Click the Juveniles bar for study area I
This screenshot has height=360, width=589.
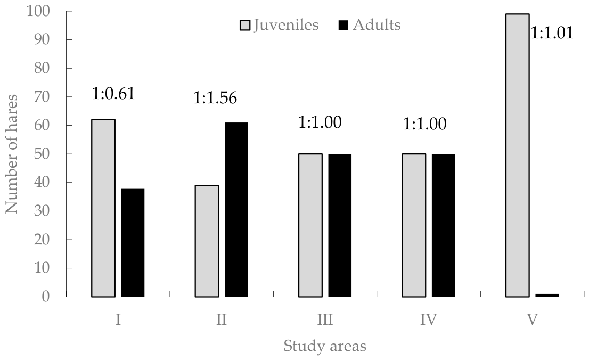[103, 208]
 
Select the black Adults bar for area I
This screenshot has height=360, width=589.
[133, 243]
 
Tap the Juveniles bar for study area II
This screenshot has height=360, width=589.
[207, 241]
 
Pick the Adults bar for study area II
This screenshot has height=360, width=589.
[236, 210]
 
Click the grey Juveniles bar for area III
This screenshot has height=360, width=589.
[310, 225]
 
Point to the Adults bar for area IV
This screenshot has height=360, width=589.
[443, 225]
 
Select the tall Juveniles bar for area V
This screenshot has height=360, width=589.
[517, 156]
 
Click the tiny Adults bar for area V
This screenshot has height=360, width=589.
[547, 296]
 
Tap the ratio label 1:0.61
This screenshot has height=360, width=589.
[113, 94]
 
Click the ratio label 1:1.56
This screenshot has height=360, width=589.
[215, 97]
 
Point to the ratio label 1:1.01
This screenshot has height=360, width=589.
[552, 32]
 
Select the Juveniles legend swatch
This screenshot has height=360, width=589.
[245, 26]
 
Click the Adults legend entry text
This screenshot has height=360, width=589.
[377, 25]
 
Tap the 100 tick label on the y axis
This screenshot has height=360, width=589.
[38, 11]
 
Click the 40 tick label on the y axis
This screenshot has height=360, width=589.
[42, 182]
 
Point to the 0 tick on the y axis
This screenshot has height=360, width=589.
[46, 297]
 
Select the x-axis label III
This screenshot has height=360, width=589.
[325, 320]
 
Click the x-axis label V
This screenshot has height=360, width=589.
[532, 320]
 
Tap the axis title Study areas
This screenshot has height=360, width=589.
[325, 346]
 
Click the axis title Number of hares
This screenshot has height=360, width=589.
[12, 154]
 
